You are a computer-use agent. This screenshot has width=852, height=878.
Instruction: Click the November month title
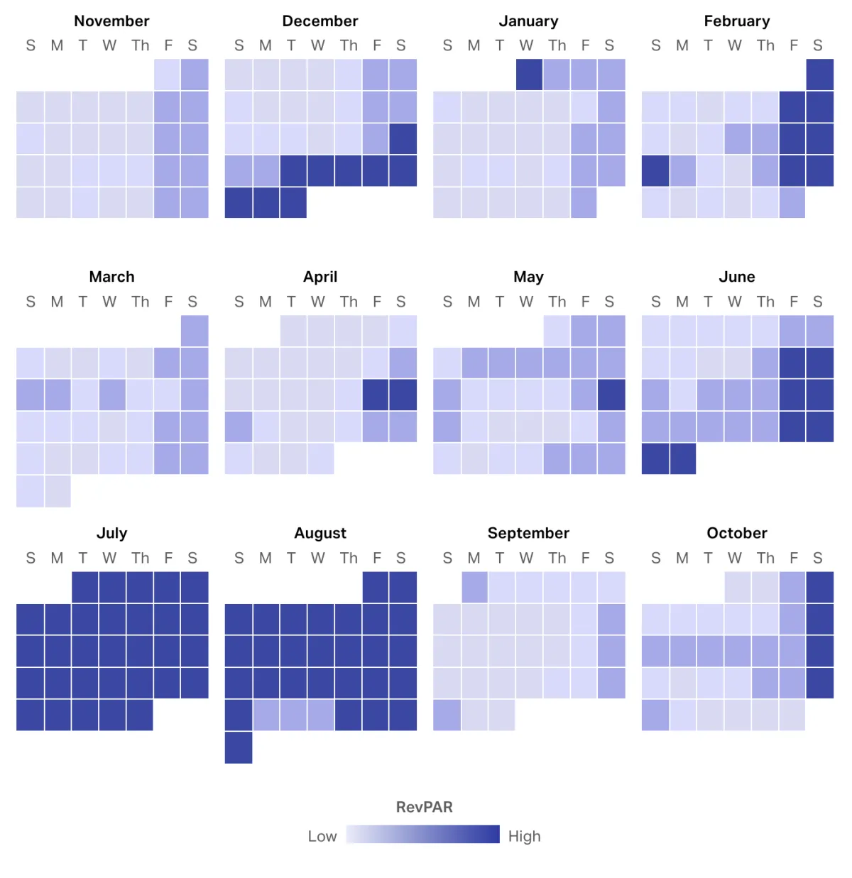click(x=111, y=21)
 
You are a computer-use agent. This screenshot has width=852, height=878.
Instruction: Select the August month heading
click(x=320, y=533)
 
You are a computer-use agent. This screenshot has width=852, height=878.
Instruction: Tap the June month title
click(x=736, y=277)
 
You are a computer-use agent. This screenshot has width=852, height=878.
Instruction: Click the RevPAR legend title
click(x=424, y=807)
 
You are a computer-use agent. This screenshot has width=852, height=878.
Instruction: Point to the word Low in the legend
click(x=322, y=836)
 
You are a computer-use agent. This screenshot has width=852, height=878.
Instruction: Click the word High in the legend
click(x=524, y=836)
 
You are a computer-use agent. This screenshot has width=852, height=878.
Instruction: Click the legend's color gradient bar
click(x=422, y=834)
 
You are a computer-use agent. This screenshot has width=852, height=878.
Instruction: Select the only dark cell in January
click(x=529, y=75)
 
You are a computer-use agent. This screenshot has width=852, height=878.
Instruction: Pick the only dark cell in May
click(x=611, y=395)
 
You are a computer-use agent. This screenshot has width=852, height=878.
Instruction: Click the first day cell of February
click(x=820, y=75)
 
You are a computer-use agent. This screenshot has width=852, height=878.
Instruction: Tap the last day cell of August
click(x=239, y=747)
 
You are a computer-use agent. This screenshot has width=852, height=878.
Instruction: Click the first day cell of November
click(x=168, y=75)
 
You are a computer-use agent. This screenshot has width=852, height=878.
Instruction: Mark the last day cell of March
click(x=58, y=491)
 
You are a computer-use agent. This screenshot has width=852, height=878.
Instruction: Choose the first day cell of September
click(x=474, y=587)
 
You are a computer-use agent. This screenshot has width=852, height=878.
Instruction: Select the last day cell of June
click(x=682, y=459)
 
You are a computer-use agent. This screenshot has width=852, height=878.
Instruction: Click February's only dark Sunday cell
click(x=655, y=170)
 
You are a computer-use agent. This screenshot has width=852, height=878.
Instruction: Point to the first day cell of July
click(x=85, y=587)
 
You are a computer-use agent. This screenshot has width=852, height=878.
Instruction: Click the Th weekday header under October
click(x=765, y=558)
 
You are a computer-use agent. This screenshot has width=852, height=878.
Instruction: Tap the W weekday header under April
click(x=317, y=302)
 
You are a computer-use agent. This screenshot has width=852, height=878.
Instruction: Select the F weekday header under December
click(x=377, y=45)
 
